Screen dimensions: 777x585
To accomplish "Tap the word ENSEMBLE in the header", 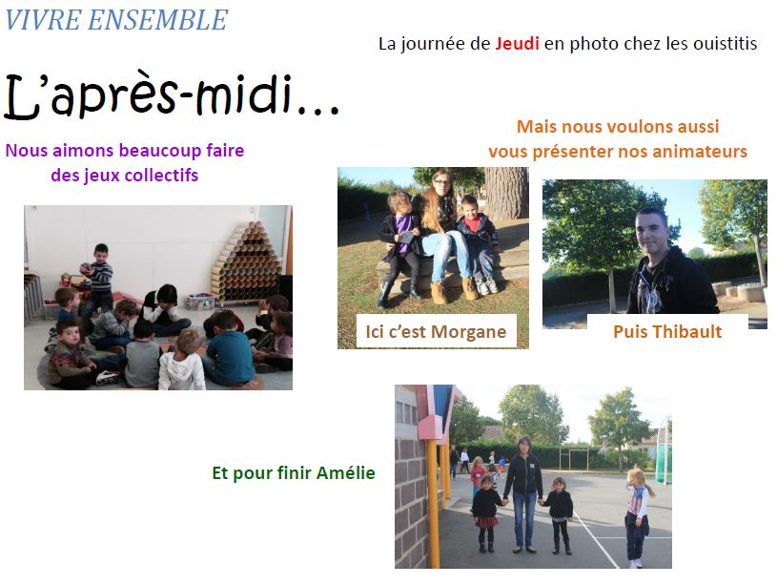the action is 157,20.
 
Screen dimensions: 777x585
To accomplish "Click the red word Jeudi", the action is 517,44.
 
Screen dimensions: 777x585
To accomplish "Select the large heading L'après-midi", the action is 171,96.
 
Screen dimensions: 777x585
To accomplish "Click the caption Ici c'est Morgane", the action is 436,331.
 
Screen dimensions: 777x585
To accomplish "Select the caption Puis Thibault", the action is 667,331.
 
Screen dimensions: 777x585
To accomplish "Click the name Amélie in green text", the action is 345,472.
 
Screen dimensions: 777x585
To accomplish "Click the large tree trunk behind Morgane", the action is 506,194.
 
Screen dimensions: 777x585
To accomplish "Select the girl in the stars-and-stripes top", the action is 638,517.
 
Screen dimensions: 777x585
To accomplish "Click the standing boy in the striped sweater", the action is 99,278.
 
